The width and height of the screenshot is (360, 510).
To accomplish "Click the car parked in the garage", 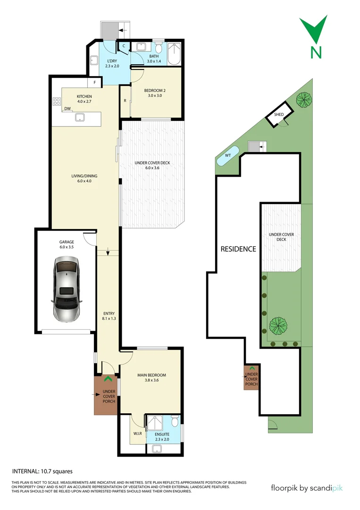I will coord(66,289).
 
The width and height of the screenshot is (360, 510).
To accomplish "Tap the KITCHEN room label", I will coord(84,97).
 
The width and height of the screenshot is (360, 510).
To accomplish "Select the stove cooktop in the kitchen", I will coord(57,101).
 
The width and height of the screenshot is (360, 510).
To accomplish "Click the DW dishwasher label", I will coord(68,109).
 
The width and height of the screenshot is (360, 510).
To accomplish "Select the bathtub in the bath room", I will coord(175,53).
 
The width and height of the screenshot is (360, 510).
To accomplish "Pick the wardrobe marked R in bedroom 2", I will coord(125,101).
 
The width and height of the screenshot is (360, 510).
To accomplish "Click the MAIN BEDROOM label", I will coord(151,375).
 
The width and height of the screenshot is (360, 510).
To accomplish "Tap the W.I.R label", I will coord(137,433).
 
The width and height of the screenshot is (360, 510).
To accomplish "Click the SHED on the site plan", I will coord(279,115).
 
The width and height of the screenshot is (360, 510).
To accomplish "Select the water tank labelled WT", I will coord(228,155).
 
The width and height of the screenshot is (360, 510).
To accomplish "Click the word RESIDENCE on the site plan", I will coord(238,249).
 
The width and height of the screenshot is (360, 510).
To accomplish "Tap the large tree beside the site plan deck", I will coord(278,325).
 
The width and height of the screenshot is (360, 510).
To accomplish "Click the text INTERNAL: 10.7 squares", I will coord(42,471).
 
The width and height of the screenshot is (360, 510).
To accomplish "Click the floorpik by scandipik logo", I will coord(307,488).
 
